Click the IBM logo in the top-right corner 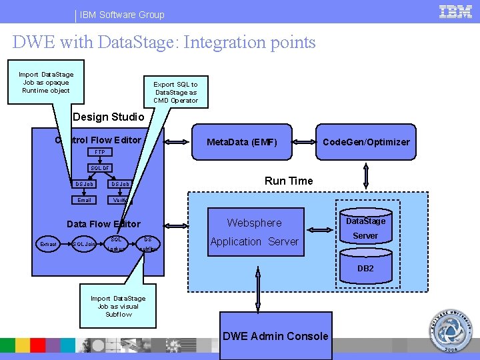[x=456, y=12]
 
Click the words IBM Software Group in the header [x=122, y=14]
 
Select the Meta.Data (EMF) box [x=242, y=142]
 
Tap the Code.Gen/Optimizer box [x=366, y=142]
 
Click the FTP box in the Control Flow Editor [x=100, y=153]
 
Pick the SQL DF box [x=101, y=168]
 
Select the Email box [x=85, y=200]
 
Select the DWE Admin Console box [x=275, y=336]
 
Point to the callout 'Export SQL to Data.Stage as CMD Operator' [x=175, y=92]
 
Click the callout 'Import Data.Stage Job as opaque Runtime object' [x=46, y=83]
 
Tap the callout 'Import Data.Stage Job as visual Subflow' [x=118, y=306]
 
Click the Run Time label [x=289, y=181]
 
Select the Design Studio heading [x=108, y=117]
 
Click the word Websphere [x=254, y=223]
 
